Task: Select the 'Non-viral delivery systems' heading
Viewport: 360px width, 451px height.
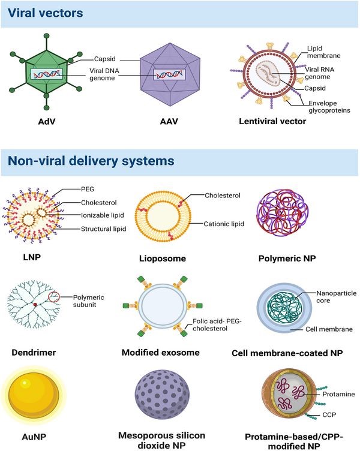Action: pos(91,161)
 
